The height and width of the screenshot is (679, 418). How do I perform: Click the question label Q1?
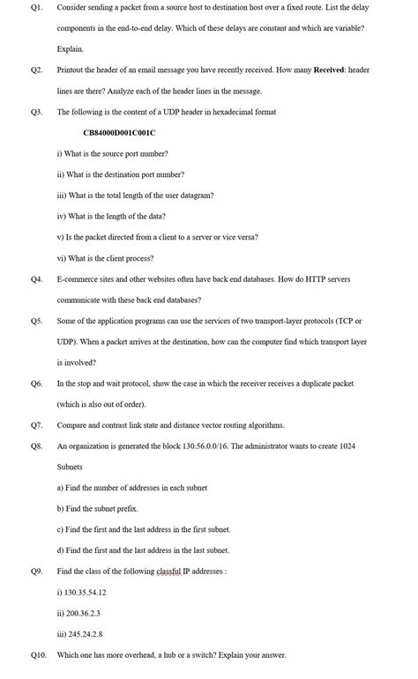36,7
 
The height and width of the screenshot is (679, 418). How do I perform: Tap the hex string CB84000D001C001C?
119,133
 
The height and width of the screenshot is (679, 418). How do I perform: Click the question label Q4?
36,279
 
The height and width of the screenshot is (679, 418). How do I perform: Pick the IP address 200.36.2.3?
82,613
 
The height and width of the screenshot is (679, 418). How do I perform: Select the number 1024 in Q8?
347,447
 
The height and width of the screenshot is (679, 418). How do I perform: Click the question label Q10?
38,655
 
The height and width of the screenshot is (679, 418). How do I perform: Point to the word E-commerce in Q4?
77,279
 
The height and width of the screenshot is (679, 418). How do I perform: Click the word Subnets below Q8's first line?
70,467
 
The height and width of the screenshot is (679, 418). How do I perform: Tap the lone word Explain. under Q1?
71,49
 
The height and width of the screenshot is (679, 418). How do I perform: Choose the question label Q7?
36,425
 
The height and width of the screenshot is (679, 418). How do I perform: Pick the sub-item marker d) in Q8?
60,550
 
